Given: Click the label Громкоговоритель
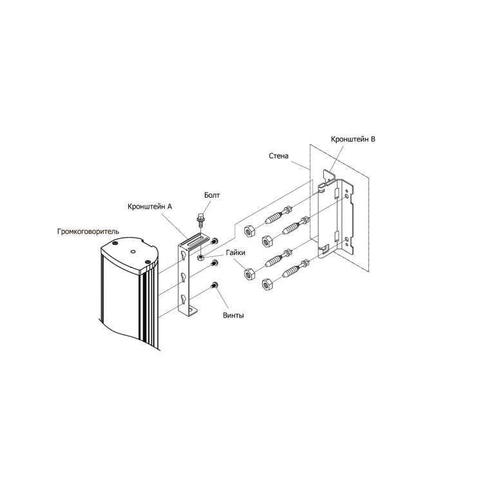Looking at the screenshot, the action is (x=88, y=231).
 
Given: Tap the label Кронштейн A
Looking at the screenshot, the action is (x=149, y=206).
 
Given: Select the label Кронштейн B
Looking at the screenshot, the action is (x=353, y=139).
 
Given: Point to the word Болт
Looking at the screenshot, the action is (x=212, y=195).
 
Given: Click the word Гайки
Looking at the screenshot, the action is (x=236, y=252).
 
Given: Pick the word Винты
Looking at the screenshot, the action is (x=234, y=316).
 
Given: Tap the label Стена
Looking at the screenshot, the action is (x=279, y=156).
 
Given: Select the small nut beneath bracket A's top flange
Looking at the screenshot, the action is (x=200, y=257).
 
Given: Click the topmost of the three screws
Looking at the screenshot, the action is (x=213, y=241).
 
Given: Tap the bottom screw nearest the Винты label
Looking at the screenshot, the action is (x=213, y=285).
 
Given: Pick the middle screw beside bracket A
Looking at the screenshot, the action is (x=213, y=263).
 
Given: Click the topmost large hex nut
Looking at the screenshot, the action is (x=249, y=231).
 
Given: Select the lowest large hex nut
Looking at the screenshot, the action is (x=266, y=285).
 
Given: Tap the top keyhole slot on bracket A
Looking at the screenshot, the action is (x=184, y=255).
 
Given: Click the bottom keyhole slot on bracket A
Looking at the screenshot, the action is (x=184, y=299).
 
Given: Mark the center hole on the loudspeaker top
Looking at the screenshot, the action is (x=133, y=251).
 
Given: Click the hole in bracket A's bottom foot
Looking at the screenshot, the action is (x=192, y=308).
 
